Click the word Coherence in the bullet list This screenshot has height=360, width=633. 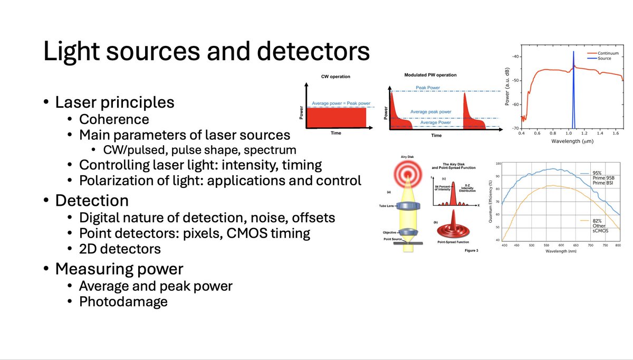click(x=114, y=119)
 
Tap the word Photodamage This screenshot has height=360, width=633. click(x=123, y=301)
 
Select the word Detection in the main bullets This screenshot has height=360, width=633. click(x=92, y=201)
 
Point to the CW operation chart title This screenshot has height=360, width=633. click(x=335, y=77)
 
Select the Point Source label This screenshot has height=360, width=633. click(x=394, y=239)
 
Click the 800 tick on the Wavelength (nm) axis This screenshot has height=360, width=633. click(x=618, y=246)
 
